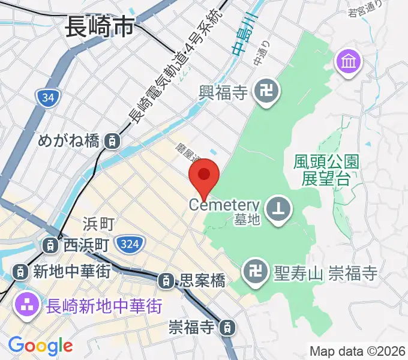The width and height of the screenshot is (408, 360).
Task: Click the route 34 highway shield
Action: [46, 96]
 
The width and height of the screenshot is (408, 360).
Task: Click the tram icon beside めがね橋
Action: [112, 142]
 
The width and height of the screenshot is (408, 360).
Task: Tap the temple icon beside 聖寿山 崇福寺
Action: [252, 274]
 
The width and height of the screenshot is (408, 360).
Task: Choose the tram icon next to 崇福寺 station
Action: [227, 328]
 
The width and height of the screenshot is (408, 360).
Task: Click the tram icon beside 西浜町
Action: [52, 245]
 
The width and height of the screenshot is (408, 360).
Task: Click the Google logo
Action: [40, 345]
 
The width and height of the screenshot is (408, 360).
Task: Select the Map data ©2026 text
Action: [357, 351]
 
